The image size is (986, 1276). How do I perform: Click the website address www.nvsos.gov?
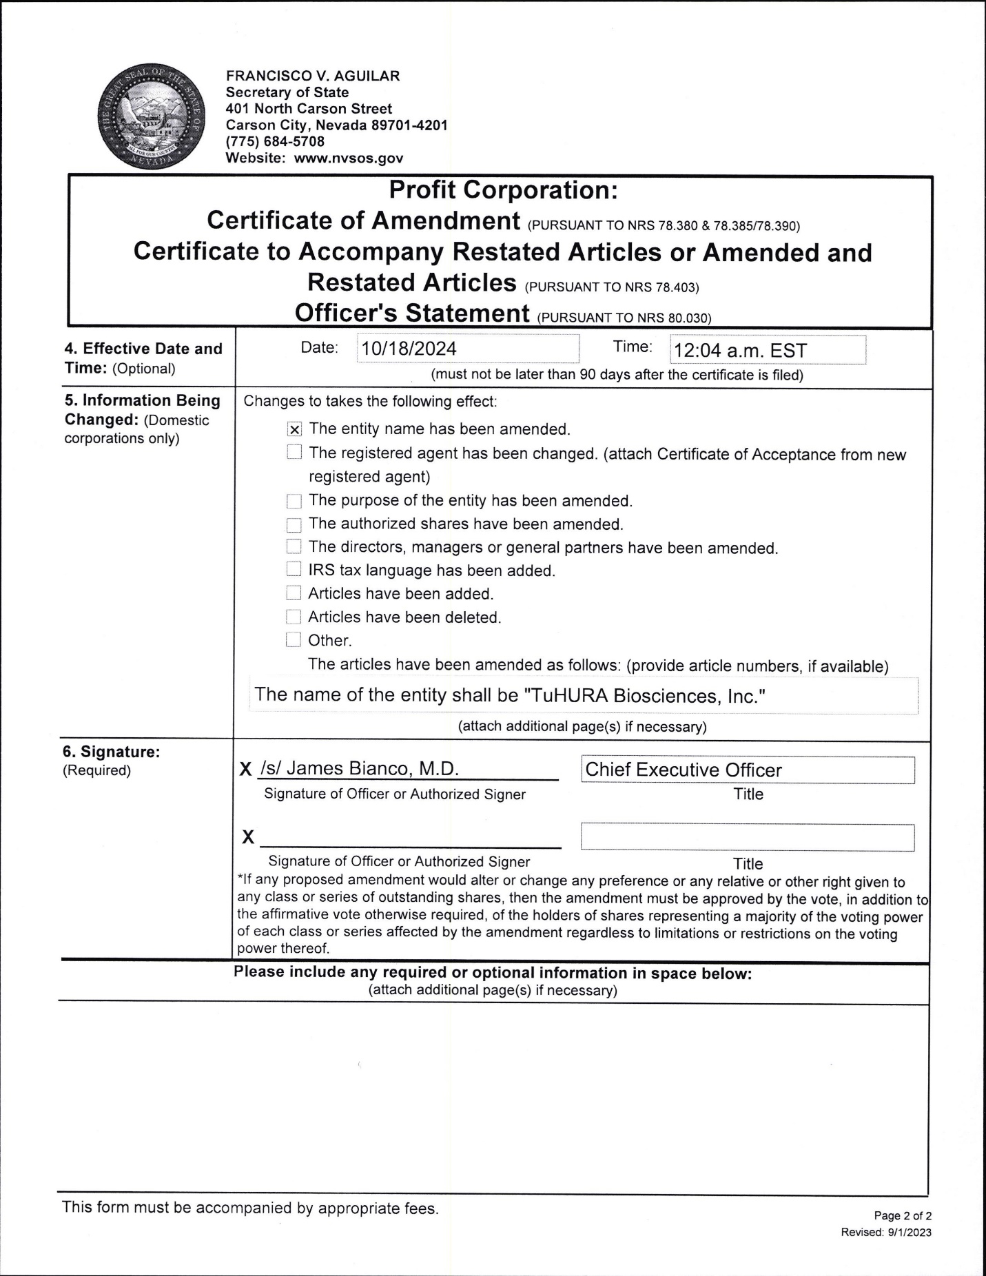(349, 158)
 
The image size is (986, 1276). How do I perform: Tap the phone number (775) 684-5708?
(275, 141)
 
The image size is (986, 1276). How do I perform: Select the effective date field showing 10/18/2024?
(468, 349)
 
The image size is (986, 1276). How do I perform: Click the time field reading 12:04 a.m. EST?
(768, 350)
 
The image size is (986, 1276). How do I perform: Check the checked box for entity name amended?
(294, 430)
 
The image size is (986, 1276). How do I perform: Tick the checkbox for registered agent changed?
(294, 453)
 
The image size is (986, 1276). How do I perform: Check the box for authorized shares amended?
(294, 525)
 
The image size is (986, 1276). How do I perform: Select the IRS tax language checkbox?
(294, 570)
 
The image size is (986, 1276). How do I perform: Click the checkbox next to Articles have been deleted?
(294, 617)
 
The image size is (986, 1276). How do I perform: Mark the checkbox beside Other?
(294, 640)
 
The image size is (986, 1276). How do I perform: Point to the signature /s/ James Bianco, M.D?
(360, 769)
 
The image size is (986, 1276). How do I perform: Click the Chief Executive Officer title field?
(748, 770)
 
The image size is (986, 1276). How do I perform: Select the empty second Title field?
(748, 838)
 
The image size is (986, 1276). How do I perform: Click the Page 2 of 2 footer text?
(903, 1216)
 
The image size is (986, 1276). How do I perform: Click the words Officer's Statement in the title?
(412, 313)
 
